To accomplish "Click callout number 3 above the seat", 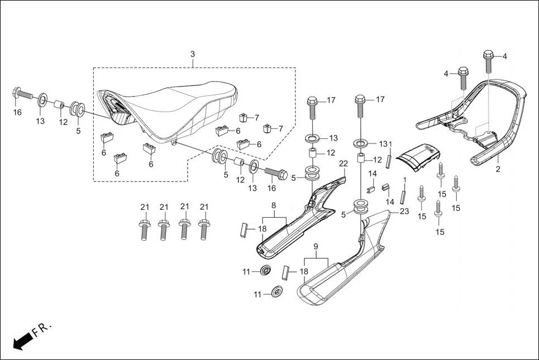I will click(x=193, y=54).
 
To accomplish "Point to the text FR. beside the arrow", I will click(x=42, y=329).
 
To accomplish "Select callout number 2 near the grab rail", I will click(x=498, y=169).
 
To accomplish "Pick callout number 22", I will click(x=343, y=164).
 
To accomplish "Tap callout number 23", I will click(x=404, y=212).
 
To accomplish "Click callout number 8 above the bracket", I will click(x=274, y=205).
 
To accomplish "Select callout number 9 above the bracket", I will click(x=315, y=246).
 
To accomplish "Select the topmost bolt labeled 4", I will click(x=488, y=61).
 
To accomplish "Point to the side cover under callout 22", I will click(x=302, y=223).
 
